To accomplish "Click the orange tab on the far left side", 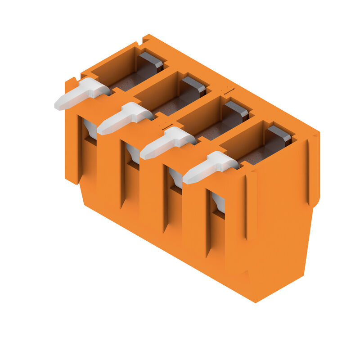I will (71, 130).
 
